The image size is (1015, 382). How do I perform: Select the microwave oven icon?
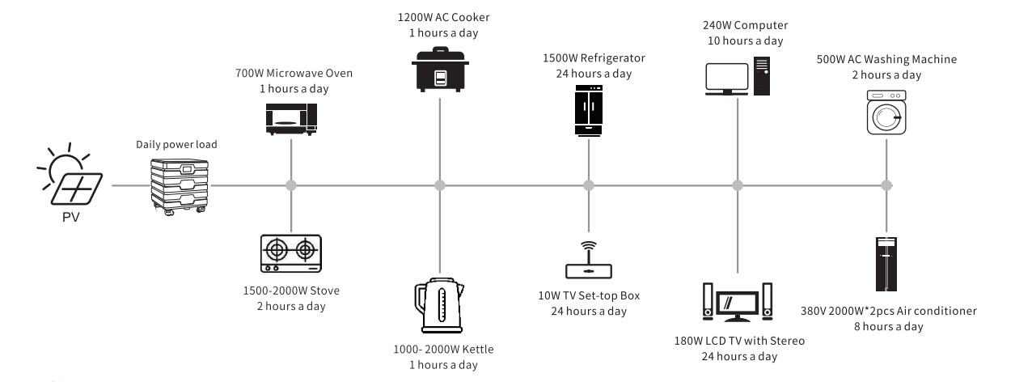[x=291, y=118]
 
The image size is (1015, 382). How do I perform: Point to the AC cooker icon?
[x=439, y=70]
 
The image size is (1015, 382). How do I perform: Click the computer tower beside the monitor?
[x=759, y=75]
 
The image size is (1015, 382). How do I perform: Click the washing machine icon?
[x=886, y=113]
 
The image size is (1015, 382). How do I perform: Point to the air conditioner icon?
[x=886, y=264]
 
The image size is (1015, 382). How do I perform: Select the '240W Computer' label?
[x=737, y=24]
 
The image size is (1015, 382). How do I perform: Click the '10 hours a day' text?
[x=737, y=40]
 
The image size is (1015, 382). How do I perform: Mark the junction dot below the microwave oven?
[x=291, y=185]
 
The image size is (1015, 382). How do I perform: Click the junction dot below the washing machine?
[x=886, y=185]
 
